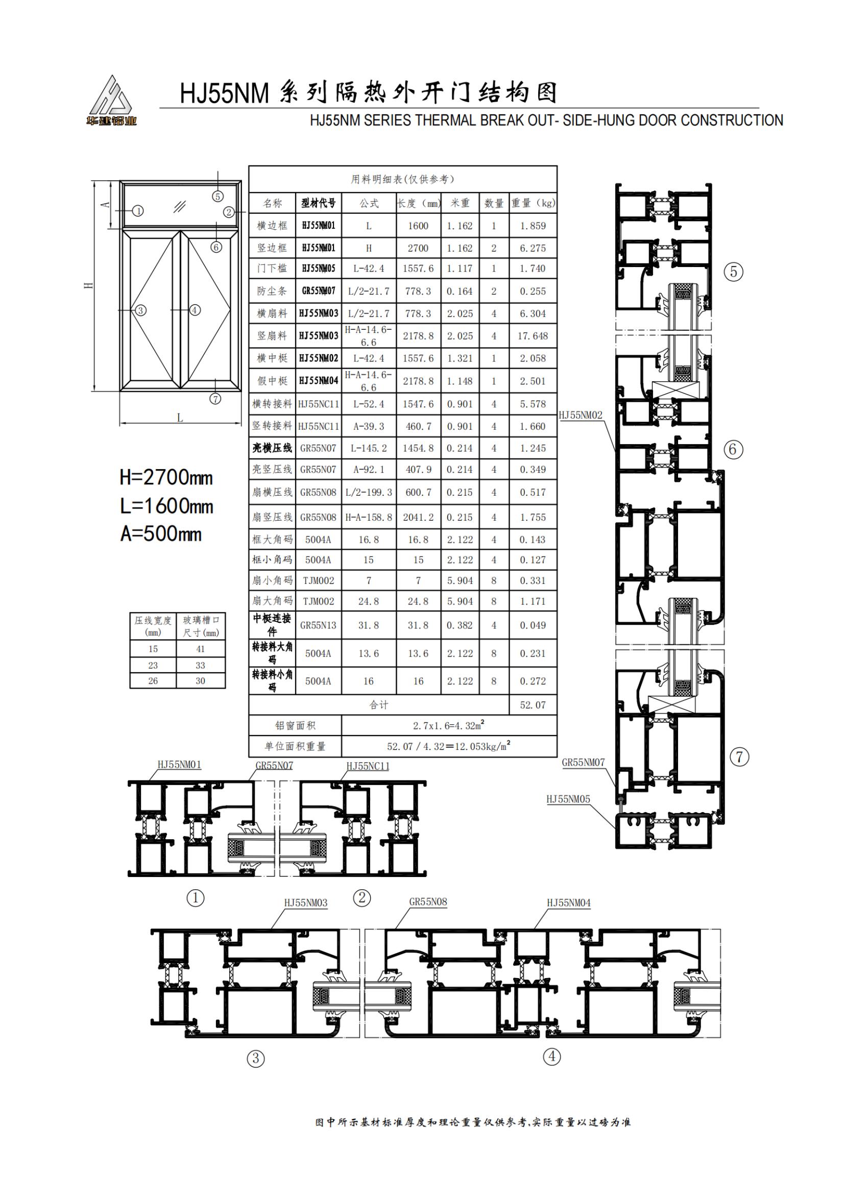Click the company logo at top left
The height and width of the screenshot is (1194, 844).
(x=111, y=101)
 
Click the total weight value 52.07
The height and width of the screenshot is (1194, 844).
(x=533, y=705)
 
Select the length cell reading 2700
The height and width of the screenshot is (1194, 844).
(x=418, y=248)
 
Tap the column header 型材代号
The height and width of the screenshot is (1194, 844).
(x=318, y=203)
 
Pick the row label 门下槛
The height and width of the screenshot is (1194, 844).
(x=272, y=269)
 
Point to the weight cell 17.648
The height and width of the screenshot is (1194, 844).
(x=533, y=336)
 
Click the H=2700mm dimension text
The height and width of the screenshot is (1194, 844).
(x=166, y=477)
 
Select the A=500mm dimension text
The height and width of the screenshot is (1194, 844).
(x=161, y=533)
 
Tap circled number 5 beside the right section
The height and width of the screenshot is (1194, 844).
(x=733, y=272)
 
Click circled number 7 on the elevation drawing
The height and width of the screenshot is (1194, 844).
(x=215, y=399)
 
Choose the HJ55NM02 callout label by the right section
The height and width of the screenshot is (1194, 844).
(x=581, y=415)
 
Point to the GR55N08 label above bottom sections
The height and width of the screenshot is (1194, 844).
(x=428, y=901)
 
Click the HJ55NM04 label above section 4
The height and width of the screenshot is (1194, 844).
(x=569, y=903)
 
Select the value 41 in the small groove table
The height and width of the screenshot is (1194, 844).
(x=200, y=649)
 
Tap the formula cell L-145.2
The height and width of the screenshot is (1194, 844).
(x=368, y=448)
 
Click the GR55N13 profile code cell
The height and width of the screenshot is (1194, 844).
(x=318, y=625)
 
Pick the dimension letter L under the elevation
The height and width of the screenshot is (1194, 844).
(x=180, y=418)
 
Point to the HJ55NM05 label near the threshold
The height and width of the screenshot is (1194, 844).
(x=568, y=799)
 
